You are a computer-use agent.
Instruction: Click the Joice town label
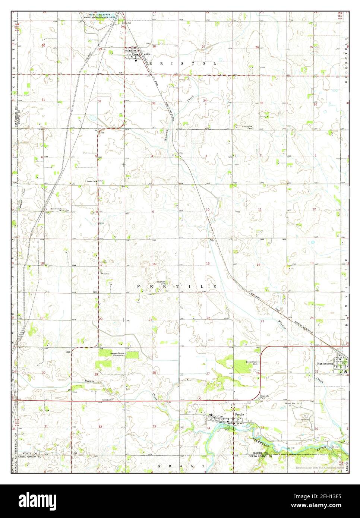(x=147, y=54)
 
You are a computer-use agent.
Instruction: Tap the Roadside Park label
(x=265, y=396)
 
